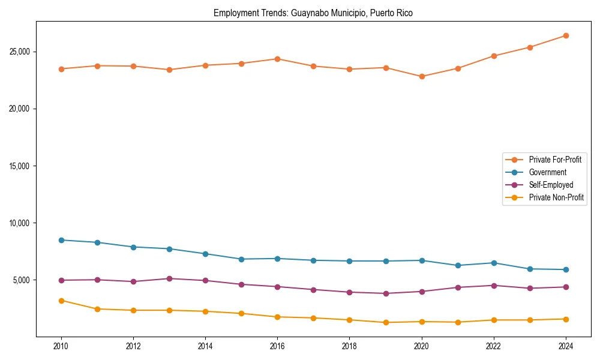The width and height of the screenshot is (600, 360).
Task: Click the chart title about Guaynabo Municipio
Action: (x=313, y=13)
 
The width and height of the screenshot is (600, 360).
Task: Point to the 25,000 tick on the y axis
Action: (x=21, y=52)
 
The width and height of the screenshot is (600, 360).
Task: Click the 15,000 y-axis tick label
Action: (x=21, y=166)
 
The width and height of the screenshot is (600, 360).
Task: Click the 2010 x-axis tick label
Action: (x=61, y=346)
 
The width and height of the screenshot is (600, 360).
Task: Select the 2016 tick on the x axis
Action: (x=277, y=346)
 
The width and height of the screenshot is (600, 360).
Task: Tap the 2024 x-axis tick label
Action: (x=566, y=346)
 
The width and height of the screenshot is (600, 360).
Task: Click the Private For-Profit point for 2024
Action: (x=566, y=36)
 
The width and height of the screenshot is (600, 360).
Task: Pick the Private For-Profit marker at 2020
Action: (x=422, y=77)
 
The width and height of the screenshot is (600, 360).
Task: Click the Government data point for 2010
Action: (x=61, y=240)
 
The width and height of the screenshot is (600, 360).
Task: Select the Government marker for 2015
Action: (x=241, y=259)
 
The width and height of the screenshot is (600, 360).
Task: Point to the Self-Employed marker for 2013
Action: (x=169, y=278)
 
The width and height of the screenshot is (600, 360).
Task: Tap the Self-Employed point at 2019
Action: (x=386, y=293)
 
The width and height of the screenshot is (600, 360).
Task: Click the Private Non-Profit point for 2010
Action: (x=61, y=301)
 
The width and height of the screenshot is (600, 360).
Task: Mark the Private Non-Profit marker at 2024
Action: (x=566, y=319)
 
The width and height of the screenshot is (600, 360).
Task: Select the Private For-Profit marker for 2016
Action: (x=277, y=59)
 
